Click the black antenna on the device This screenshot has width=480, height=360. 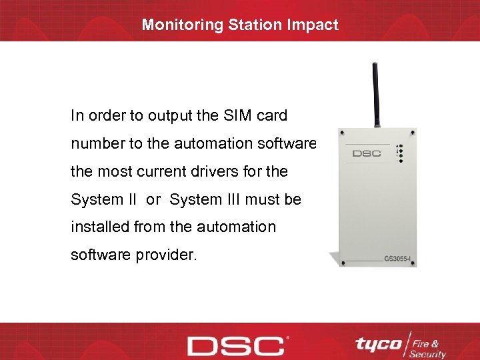click(x=376, y=93)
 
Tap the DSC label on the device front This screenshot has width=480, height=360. click(x=366, y=153)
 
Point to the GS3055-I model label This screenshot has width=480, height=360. click(x=400, y=257)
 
